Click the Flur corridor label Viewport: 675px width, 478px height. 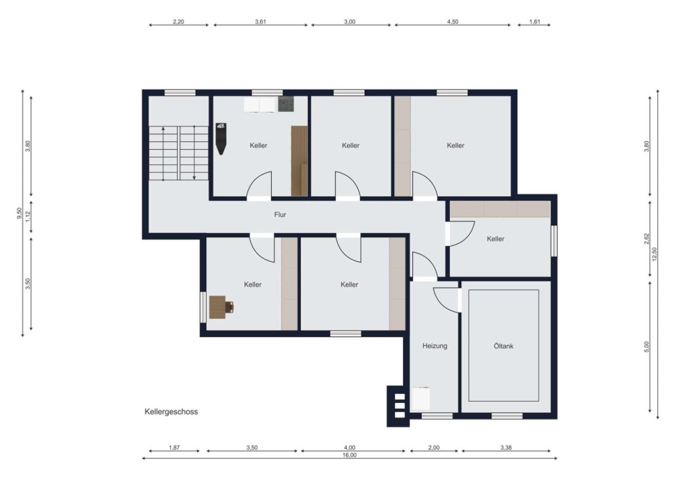coord(280,215)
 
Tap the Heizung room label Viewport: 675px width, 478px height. coord(435,346)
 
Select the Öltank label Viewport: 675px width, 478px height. coord(503,346)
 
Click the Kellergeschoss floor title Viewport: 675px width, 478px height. coord(171,412)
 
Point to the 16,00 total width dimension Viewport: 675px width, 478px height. coord(350,455)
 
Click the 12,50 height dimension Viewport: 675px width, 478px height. coord(654,254)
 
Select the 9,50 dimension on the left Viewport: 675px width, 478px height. coord(20,213)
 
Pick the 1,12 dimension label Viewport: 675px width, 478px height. coord(28,217)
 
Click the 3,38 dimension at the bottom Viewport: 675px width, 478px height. coord(508,448)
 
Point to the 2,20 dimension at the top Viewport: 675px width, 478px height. coord(178,22)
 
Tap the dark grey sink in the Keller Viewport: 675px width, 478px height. coord(286,104)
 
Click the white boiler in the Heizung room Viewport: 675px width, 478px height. coord(422,398)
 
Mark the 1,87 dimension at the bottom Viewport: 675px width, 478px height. coord(174,448)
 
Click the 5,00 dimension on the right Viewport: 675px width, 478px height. coord(646,346)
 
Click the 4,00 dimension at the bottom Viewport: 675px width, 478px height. coord(350,448)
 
